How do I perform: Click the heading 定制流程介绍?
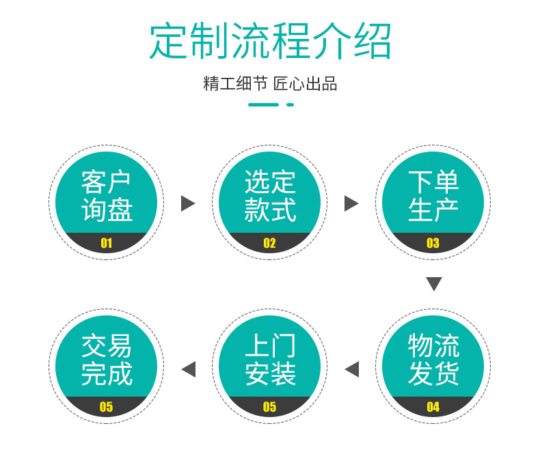point(270,41)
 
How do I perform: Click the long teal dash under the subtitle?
point(263,105)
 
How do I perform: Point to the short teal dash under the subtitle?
point(290,105)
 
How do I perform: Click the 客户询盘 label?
point(106,196)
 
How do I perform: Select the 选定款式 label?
point(270,196)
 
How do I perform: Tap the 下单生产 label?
point(433,196)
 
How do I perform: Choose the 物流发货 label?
point(433,360)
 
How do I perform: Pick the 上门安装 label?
point(270,360)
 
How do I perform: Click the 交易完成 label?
point(106,360)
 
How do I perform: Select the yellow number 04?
point(433,408)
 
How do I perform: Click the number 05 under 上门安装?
point(269,408)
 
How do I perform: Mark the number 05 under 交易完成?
point(106,408)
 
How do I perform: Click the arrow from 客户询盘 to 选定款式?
point(187,203)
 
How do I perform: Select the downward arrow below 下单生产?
point(433,284)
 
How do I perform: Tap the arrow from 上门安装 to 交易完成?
point(189,369)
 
